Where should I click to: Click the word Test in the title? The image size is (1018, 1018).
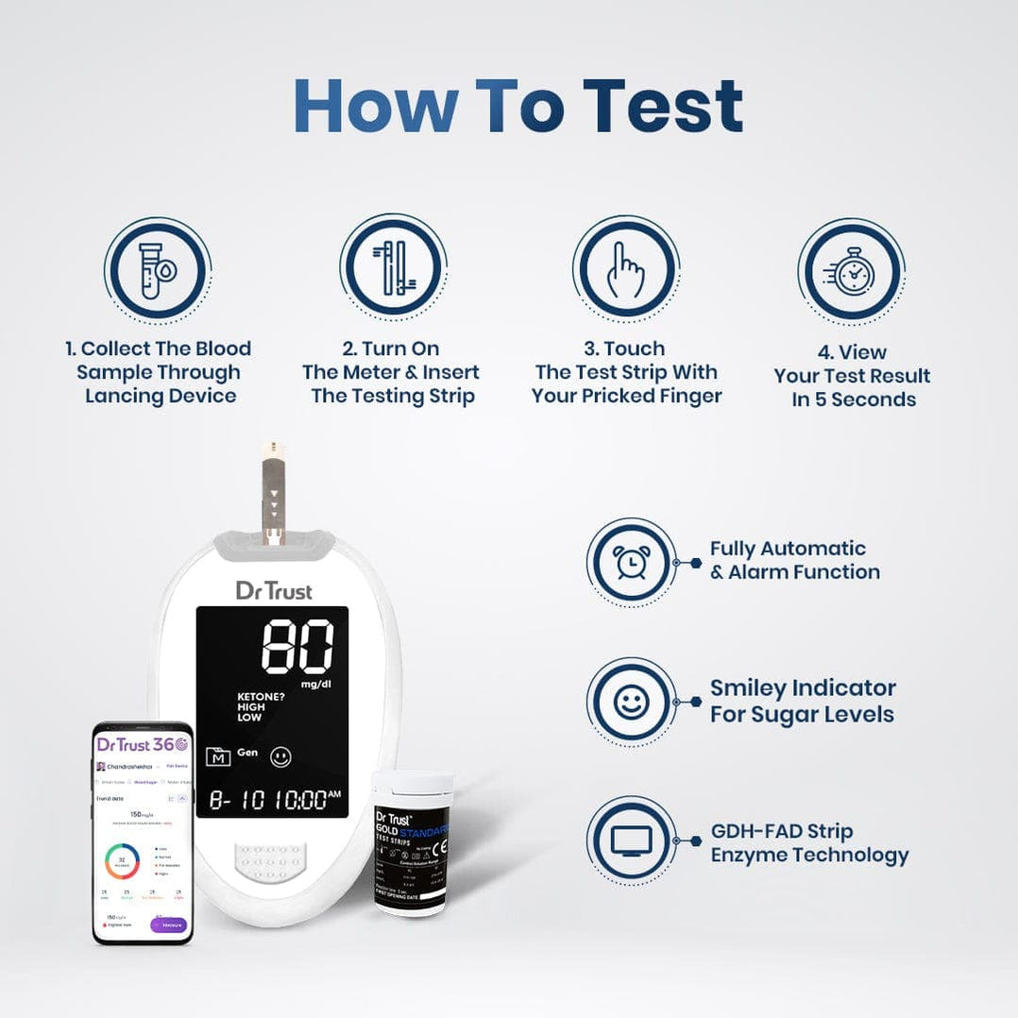pyautogui.click(x=662, y=105)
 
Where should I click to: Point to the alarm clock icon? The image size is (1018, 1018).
pyautogui.click(x=631, y=562)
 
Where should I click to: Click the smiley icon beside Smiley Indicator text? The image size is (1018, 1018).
pyautogui.click(x=631, y=703)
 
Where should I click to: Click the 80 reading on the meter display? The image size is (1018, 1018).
pyautogui.click(x=297, y=646)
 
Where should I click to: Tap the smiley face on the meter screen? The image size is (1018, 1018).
pyautogui.click(x=280, y=756)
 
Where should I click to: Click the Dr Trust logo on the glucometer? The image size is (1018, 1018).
pyautogui.click(x=273, y=590)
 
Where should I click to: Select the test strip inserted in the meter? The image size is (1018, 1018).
pyautogui.click(x=274, y=491)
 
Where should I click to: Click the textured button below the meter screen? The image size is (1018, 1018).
pyautogui.click(x=272, y=860)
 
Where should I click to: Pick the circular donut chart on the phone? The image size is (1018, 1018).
pyautogui.click(x=122, y=860)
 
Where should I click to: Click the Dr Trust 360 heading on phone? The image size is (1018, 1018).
pyautogui.click(x=142, y=744)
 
